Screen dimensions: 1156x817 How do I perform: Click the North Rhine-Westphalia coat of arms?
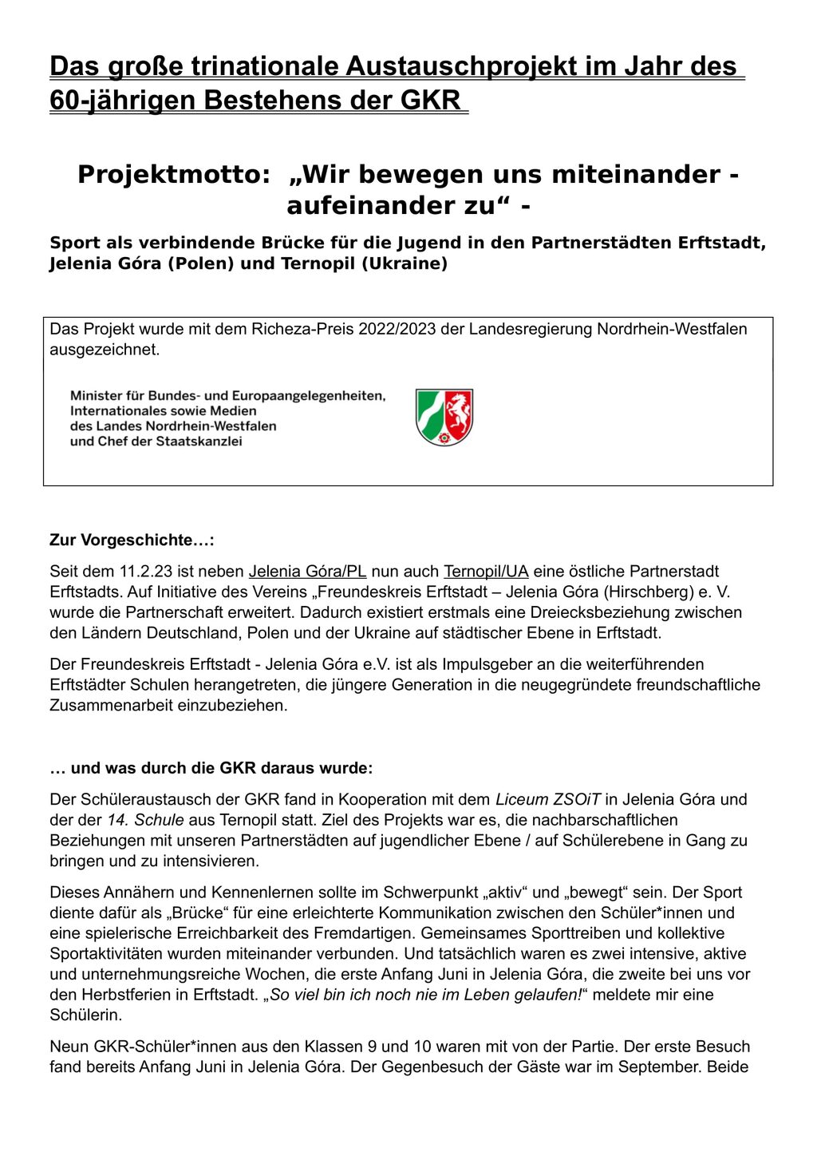pyautogui.click(x=444, y=417)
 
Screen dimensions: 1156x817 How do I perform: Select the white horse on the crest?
pyautogui.click(x=459, y=412)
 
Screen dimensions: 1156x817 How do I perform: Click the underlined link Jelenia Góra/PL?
pyautogui.click(x=307, y=571)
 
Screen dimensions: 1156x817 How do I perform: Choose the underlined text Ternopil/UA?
pyautogui.click(x=486, y=571)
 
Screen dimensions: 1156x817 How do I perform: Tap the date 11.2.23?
pyautogui.click(x=146, y=571)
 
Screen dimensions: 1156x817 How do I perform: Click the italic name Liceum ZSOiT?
pyautogui.click(x=548, y=799)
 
